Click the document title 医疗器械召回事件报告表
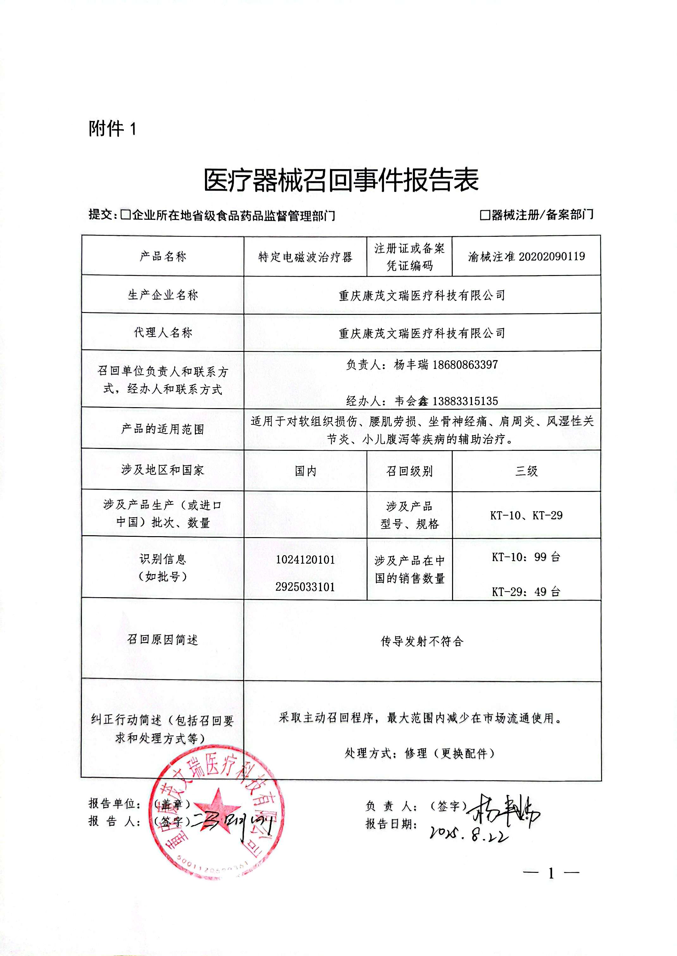(341, 181)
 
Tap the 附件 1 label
(112, 129)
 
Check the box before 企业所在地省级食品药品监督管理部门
(125, 215)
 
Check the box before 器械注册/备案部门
(484, 215)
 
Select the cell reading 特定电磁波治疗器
(305, 257)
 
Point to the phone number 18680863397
(465, 365)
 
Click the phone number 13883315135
(465, 401)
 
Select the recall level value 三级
(526, 471)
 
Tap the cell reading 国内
(305, 471)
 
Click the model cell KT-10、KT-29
(526, 515)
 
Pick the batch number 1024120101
(305, 560)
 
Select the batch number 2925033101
(305, 587)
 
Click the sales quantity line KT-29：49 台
(526, 591)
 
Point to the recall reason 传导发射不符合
(422, 641)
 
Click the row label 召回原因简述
(163, 640)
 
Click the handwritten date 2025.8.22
(469, 833)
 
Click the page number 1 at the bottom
(551, 873)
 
